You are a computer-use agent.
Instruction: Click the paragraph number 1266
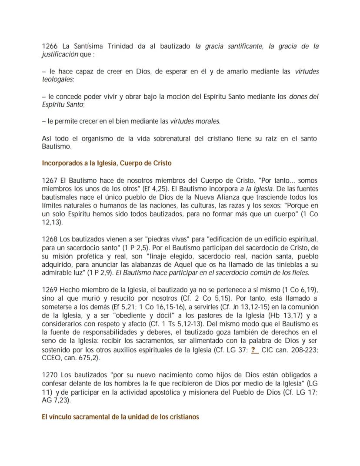[x=50, y=47]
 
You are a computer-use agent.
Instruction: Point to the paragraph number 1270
[x=50, y=375]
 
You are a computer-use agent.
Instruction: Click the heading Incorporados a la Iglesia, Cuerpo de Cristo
[x=107, y=164]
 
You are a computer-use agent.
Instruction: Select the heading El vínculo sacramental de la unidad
[x=120, y=417]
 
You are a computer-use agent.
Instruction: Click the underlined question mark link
[x=255, y=349]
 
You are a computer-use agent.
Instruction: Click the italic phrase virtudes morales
[x=195, y=121]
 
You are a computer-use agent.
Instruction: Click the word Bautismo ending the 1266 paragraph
[x=56, y=147]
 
